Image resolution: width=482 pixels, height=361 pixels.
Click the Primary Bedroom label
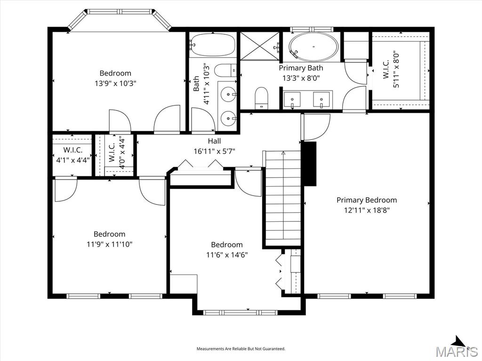(x=366, y=200)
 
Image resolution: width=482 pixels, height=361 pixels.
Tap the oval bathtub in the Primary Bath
(x=313, y=47)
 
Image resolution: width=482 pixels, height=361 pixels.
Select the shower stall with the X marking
(x=260, y=46)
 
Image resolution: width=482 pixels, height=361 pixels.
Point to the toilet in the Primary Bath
(x=261, y=98)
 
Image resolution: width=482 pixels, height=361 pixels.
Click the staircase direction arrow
(x=283, y=153)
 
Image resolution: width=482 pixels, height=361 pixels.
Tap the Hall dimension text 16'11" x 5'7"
(x=214, y=151)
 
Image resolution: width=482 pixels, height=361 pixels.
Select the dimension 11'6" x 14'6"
(x=227, y=255)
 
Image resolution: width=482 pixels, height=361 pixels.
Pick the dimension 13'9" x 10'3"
(x=115, y=83)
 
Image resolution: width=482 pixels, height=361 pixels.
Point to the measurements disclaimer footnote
(x=241, y=349)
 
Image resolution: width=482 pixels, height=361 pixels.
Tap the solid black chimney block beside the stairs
(x=309, y=164)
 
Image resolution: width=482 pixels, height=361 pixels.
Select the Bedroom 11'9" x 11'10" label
(x=109, y=234)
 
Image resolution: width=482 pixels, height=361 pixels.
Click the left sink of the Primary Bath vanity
(x=292, y=100)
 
